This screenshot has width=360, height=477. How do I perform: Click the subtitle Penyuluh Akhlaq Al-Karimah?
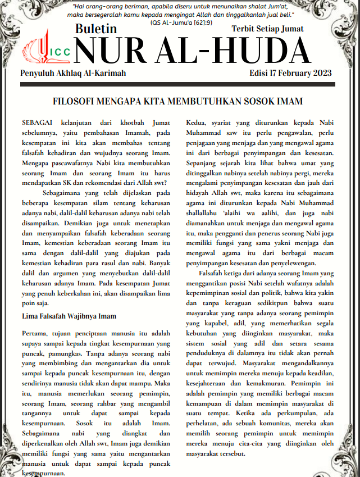[x=73, y=74]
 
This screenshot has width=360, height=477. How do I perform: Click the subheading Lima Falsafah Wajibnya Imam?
[x=69, y=316]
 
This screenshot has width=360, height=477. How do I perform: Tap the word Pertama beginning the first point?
[x=34, y=334]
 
